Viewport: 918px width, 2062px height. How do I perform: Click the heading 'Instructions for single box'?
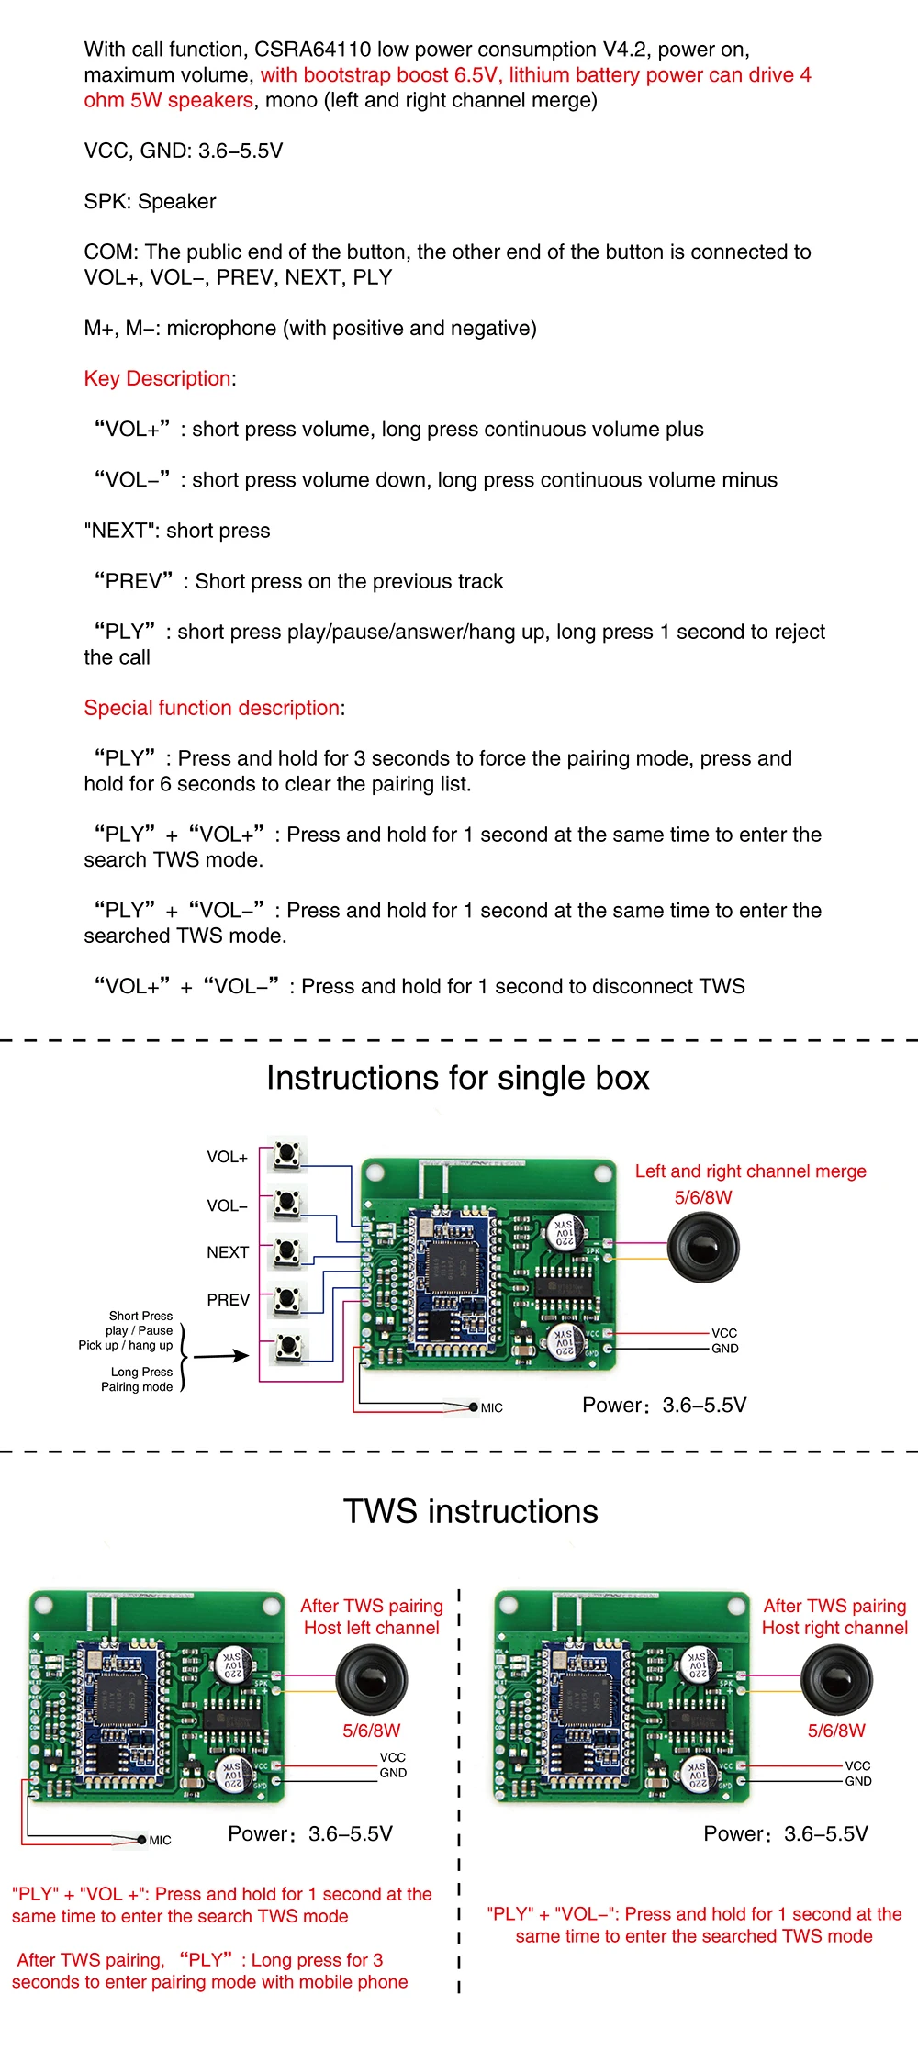pos(458,1078)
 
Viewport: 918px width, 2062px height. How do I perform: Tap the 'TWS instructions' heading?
pos(471,1512)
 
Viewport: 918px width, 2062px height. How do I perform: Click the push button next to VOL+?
pos(287,1155)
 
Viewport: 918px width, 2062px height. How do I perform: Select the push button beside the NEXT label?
pos(287,1250)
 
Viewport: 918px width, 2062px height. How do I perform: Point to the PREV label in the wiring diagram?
pos(228,1300)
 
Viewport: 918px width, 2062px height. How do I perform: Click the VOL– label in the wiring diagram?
pos(228,1205)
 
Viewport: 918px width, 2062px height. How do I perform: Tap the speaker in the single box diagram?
pos(703,1247)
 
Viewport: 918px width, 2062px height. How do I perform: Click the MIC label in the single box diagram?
pos(491,1407)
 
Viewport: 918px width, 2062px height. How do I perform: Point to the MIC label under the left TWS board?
pos(160,1840)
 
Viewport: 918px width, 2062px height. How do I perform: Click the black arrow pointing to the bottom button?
pos(220,1356)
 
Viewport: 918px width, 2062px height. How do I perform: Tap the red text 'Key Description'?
pos(158,378)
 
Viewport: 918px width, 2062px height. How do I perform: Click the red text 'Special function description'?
pos(212,708)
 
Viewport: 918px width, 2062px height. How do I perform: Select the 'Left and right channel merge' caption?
pos(750,1171)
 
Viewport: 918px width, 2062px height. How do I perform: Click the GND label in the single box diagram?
pos(724,1349)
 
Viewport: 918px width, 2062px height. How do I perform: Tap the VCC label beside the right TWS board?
pos(857,1765)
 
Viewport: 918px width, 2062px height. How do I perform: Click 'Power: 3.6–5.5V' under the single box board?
pos(664,1405)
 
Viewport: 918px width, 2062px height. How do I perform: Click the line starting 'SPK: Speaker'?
pos(151,201)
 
